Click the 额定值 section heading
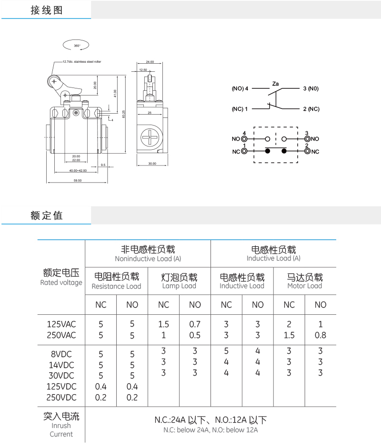(46, 215)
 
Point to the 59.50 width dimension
(77, 181)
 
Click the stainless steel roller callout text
(82, 61)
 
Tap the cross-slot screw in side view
(151, 138)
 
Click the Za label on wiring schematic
(275, 84)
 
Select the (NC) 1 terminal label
(240, 109)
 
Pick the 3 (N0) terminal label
(310, 89)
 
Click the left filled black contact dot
(267, 151)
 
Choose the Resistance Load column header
(116, 282)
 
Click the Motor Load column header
(305, 281)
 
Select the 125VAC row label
(61, 324)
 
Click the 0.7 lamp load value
(194, 324)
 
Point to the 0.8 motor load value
(321, 335)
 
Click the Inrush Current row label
(61, 425)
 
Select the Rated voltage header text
(61, 278)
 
